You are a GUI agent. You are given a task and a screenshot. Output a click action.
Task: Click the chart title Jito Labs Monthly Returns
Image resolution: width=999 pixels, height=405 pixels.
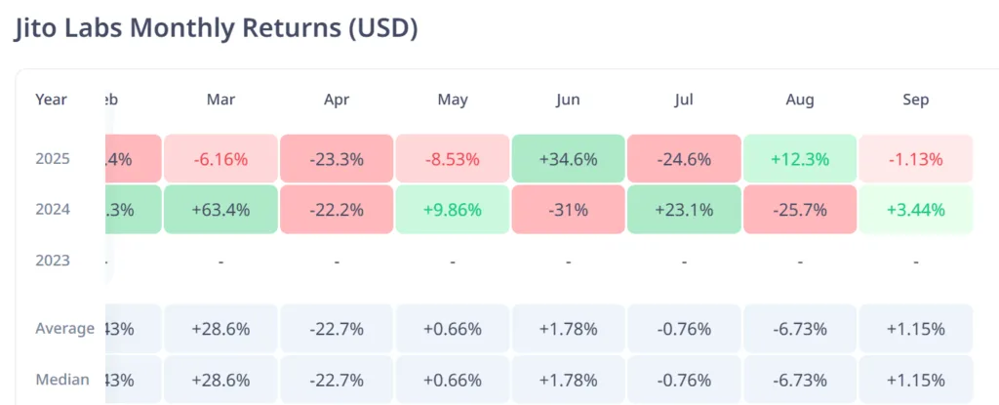pos(216,27)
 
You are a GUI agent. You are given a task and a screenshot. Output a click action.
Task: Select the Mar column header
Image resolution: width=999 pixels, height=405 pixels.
pos(220,100)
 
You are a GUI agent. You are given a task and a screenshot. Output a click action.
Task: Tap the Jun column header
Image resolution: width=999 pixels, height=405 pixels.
pos(568,100)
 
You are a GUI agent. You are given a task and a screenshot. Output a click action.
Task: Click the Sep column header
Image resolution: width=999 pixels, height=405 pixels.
pos(916,100)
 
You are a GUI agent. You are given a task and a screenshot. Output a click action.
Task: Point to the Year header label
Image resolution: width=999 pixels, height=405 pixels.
pos(51,100)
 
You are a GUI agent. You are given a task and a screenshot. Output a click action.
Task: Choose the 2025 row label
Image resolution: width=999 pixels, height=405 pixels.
pos(52,158)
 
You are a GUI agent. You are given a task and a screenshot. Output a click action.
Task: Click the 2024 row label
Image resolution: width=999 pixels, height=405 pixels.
pos(52,209)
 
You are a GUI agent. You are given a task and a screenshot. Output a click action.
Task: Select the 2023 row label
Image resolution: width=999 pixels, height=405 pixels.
pos(52,261)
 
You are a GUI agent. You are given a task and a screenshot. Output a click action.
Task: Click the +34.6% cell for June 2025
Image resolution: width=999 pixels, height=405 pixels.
pos(568,158)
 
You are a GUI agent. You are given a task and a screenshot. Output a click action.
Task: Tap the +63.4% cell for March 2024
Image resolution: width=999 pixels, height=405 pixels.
pos(220,209)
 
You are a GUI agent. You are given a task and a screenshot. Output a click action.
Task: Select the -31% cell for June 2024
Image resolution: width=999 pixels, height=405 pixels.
pos(568,209)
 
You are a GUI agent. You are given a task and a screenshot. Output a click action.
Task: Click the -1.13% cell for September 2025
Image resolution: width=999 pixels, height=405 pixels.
pos(916,158)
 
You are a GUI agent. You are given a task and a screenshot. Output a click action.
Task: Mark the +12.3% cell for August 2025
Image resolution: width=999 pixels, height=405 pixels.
pos(800,158)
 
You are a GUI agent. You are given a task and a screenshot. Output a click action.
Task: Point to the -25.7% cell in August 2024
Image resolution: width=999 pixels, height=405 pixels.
pos(800,209)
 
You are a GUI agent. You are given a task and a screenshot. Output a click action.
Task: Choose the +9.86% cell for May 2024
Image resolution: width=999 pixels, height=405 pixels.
pos(453,209)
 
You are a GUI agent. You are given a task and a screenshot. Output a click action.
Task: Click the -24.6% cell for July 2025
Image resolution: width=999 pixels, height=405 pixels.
pos(684,158)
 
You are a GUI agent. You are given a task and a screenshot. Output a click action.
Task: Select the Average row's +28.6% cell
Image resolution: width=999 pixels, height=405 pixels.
pos(220,329)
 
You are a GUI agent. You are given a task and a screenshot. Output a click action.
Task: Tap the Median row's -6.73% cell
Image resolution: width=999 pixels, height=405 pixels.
pos(800,380)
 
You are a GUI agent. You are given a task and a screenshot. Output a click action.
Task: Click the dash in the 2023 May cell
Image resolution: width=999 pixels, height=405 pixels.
pos(453,262)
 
